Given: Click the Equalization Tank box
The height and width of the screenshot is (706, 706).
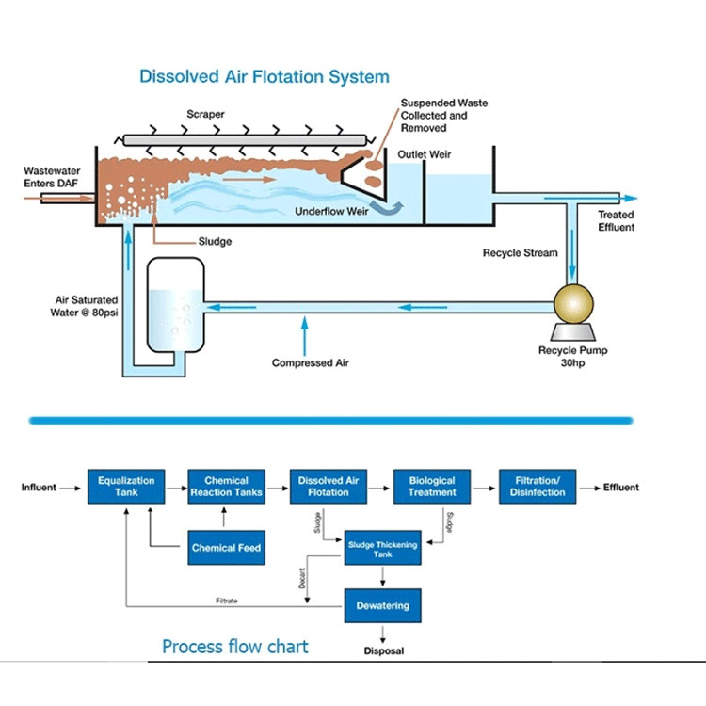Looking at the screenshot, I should click(126, 487).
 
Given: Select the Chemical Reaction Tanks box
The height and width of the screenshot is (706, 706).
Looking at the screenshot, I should click(226, 487).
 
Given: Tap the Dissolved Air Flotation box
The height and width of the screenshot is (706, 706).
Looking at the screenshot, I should click(329, 487).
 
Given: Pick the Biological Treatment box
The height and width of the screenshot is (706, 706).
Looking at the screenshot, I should click(432, 487).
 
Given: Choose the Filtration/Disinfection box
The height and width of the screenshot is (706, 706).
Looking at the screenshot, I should click(537, 487).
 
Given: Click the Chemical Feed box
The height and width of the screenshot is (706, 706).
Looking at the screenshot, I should click(226, 547).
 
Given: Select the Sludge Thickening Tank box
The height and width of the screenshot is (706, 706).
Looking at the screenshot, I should click(382, 548).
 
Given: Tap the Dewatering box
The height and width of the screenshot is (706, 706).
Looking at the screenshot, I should click(382, 605).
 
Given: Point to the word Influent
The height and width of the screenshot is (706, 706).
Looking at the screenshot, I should click(39, 488).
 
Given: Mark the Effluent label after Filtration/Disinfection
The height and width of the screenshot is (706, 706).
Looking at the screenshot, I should click(621, 488).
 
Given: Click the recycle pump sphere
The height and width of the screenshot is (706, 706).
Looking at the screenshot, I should click(573, 303).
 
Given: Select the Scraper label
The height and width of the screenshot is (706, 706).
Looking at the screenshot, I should click(204, 115).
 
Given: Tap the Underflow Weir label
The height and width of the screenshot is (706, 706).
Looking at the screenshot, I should click(331, 212).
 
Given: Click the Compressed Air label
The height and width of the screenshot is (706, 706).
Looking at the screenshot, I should click(304, 363).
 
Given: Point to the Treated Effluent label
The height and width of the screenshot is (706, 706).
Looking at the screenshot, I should click(617, 221).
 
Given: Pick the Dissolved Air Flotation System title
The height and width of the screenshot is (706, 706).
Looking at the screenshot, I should click(265, 76).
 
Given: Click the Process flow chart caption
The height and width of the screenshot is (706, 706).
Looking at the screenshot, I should click(234, 647).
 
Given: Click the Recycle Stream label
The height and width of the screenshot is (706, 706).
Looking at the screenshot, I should click(520, 253).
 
